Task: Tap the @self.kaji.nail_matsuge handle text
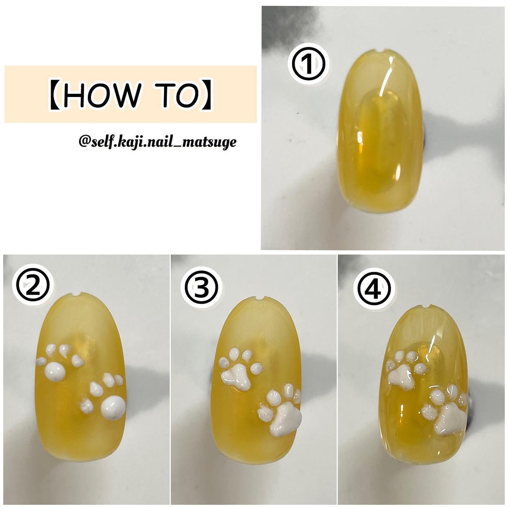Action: tap(157, 143)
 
